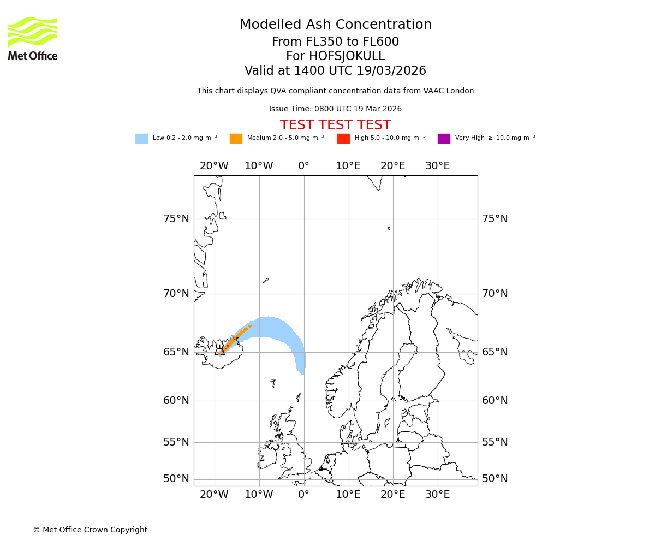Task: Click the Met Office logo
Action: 33,38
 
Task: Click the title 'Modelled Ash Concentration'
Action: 335,25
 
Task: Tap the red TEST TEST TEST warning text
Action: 335,125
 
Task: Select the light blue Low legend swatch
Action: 141,139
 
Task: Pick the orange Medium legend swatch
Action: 236,139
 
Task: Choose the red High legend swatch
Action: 343,139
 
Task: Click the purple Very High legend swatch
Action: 444,139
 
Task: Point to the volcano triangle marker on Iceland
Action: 220,351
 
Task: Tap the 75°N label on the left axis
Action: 176,219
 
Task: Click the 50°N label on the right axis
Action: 495,479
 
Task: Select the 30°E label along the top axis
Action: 438,166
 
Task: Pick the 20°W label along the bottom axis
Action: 214,495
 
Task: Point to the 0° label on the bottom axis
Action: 304,495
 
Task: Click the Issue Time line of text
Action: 335,109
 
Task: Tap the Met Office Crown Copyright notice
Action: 90,530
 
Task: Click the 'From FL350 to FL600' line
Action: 335,42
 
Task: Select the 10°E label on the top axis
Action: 348,166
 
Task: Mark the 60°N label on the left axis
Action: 176,401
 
